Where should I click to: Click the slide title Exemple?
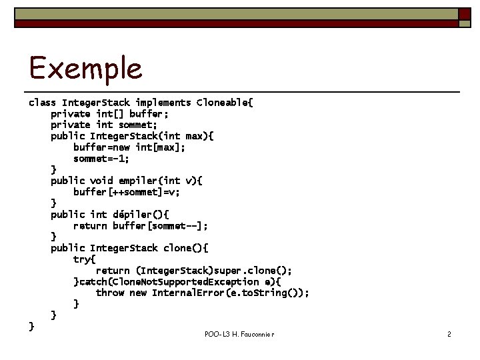[85, 68]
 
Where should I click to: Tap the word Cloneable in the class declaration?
[223, 103]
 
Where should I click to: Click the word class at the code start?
[42, 103]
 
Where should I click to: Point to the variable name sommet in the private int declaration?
[137, 125]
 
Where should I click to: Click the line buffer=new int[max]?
[129, 147]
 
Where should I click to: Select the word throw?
[109, 293]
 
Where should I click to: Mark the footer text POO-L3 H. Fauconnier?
[239, 333]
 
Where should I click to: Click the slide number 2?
[449, 333]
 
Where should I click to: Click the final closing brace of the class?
[31, 326]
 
